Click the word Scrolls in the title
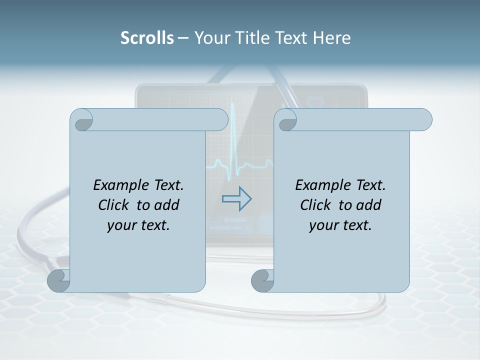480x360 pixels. [147, 38]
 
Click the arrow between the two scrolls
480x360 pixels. [236, 198]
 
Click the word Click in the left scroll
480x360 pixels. [114, 205]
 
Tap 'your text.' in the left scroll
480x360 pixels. [138, 225]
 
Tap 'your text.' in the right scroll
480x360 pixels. [340, 225]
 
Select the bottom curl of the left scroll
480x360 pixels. [58, 281]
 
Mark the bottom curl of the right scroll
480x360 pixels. [262, 281]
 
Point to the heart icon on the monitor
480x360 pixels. [316, 101]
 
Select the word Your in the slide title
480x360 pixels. [210, 38]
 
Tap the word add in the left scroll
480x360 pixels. [167, 205]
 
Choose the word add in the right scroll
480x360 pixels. [369, 205]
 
